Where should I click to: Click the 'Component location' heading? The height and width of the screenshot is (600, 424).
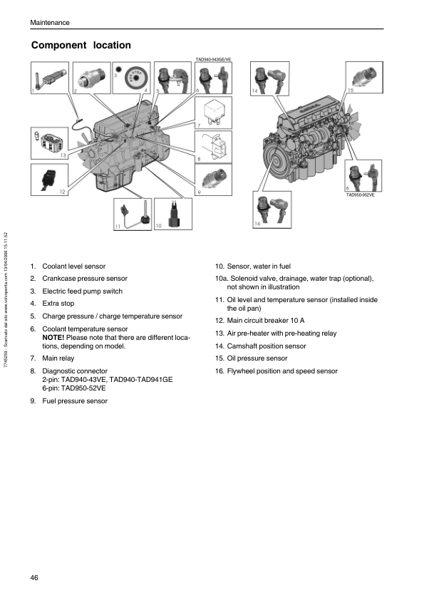(81, 45)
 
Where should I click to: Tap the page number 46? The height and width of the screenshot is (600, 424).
(34, 577)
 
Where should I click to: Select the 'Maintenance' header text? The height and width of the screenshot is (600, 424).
(50, 23)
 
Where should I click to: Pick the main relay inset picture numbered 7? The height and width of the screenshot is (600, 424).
(214, 113)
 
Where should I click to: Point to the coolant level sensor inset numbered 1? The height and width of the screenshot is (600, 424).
(50, 78)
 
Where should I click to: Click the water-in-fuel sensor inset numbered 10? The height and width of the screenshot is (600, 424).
(173, 214)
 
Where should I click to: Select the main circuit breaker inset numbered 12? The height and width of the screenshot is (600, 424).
(49, 180)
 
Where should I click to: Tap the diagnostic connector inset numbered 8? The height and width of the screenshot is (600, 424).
(214, 147)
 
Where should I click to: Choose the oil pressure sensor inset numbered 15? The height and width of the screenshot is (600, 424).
(364, 77)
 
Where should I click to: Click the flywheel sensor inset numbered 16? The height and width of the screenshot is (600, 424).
(272, 210)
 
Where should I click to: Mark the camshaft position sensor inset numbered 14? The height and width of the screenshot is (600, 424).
(270, 78)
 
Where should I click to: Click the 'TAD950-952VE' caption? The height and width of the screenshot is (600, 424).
(360, 195)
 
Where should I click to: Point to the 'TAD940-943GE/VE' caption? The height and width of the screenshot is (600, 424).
(213, 60)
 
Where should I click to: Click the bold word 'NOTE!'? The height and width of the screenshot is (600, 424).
(53, 338)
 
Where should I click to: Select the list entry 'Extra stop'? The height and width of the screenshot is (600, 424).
(58, 304)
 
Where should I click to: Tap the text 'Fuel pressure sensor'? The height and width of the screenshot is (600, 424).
(75, 401)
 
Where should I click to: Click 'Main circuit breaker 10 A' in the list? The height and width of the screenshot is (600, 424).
(266, 321)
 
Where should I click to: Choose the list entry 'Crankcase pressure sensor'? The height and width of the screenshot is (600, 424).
(85, 279)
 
